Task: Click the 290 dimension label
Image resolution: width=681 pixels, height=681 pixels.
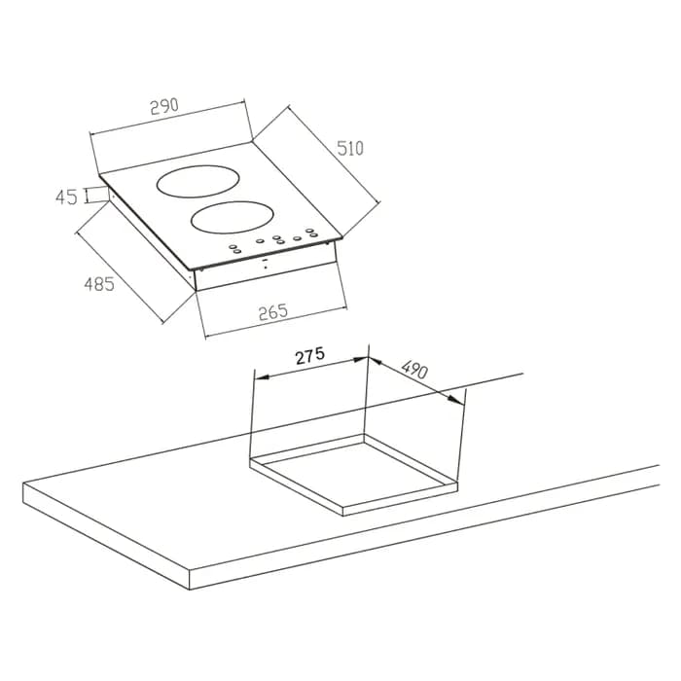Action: tap(164, 106)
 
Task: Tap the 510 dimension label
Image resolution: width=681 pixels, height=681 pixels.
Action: tap(350, 149)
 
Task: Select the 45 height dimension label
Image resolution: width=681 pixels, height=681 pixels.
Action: tap(66, 197)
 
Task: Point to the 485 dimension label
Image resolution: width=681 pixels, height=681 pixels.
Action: tap(99, 284)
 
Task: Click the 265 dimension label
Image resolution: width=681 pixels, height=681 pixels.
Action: tap(273, 312)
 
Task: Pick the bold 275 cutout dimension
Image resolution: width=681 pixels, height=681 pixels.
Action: tap(310, 356)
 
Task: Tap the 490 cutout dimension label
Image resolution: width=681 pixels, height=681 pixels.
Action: tap(414, 370)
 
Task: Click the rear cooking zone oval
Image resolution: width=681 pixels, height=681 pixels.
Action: tap(198, 182)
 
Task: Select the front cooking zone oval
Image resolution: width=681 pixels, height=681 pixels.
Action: tap(233, 217)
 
